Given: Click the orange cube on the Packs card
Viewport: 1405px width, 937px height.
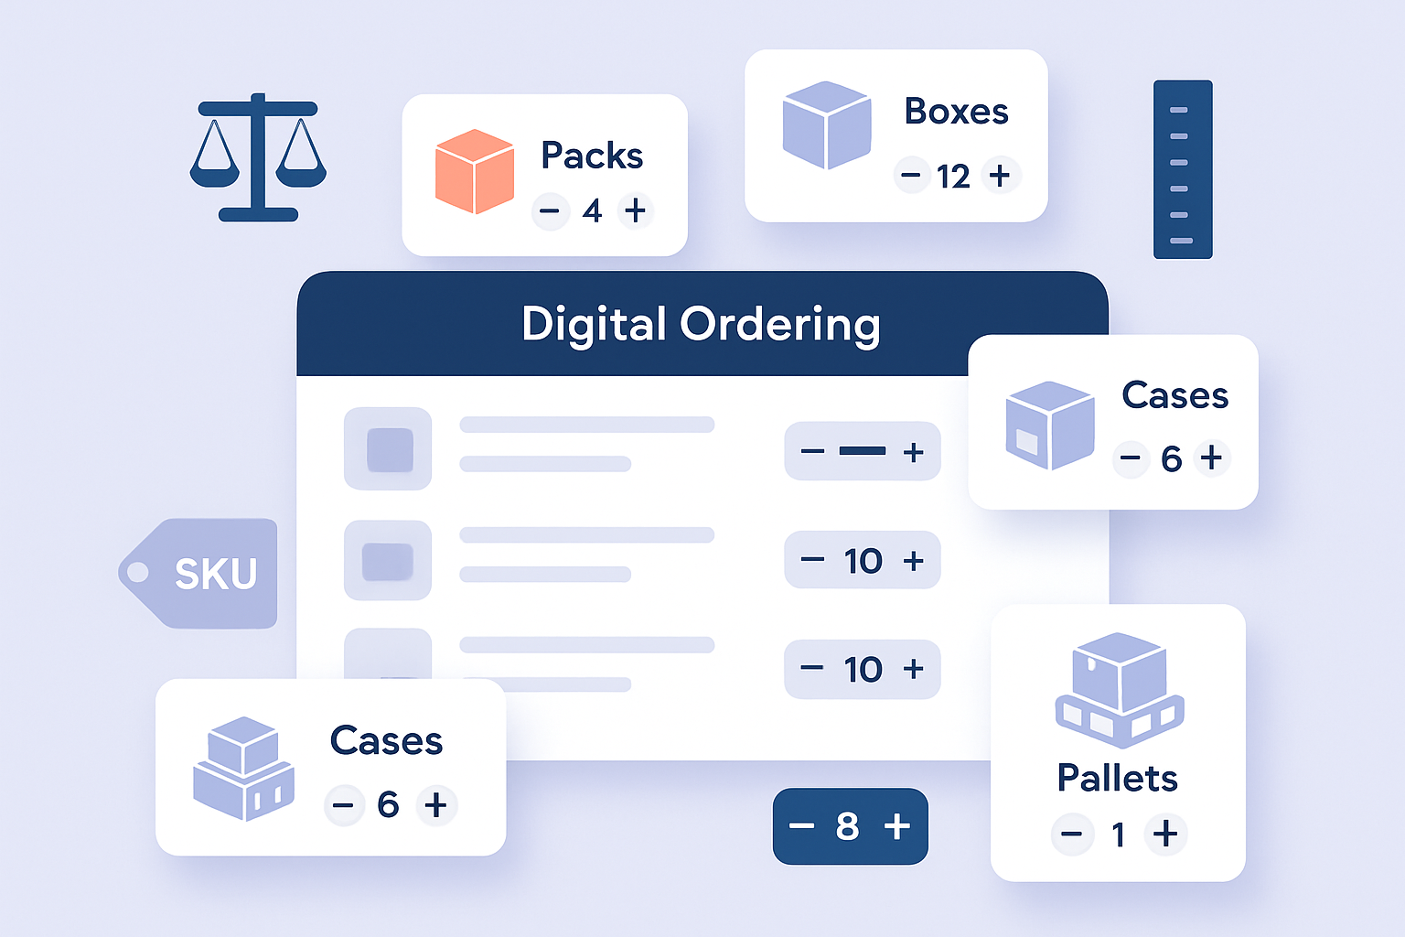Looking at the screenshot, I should tap(474, 172).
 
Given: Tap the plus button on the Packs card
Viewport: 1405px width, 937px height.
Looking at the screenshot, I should tap(635, 211).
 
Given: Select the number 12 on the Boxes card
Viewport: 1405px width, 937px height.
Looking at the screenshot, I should tap(953, 176).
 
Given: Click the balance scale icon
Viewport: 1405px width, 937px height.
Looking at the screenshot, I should tap(258, 157).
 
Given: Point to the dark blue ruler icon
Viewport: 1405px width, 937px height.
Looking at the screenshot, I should tap(1182, 169).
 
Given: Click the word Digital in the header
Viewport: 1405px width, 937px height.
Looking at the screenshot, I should tap(594, 324).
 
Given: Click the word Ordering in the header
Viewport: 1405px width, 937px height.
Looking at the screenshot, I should tap(779, 324).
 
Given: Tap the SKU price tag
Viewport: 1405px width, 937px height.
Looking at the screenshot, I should tap(200, 574).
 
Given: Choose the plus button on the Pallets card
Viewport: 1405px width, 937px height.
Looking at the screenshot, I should tap(1164, 834).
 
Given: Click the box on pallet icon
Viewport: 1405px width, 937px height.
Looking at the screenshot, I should tap(1120, 689).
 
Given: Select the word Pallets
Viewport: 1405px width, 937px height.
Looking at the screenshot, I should tap(1117, 778).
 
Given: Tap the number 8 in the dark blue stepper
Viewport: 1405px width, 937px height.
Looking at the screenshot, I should tap(847, 826).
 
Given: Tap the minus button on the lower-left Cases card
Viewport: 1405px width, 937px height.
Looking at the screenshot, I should tap(343, 805).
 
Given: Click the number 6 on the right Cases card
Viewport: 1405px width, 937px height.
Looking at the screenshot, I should tap(1171, 458).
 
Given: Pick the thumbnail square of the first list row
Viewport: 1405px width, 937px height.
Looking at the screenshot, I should tap(389, 449).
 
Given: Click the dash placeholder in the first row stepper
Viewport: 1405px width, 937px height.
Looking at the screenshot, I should tap(862, 451).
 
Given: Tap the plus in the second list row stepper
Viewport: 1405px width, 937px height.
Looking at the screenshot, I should tap(913, 560).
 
